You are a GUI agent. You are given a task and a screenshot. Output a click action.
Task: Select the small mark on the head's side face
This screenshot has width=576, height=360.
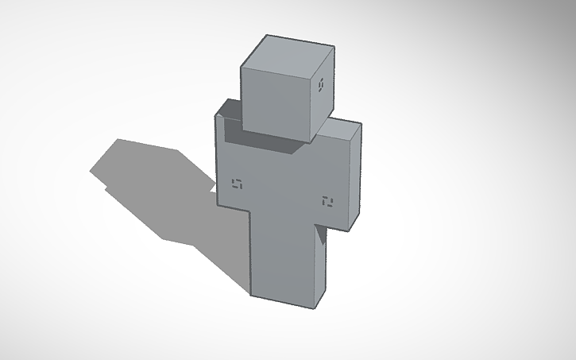tap(321, 85)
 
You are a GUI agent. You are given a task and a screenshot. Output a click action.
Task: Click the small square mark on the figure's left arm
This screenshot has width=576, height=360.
tap(236, 186)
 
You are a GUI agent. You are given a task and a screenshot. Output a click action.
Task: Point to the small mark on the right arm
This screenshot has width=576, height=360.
tap(327, 201)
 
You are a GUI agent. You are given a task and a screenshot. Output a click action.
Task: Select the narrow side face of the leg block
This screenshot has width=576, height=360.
tap(319, 266)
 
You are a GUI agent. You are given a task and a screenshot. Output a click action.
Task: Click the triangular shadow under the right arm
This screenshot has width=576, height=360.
tap(319, 234)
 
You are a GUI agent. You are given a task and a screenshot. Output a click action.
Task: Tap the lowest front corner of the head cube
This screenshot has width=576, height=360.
tap(307, 141)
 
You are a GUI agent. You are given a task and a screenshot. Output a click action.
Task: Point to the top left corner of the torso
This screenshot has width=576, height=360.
tap(215, 116)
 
